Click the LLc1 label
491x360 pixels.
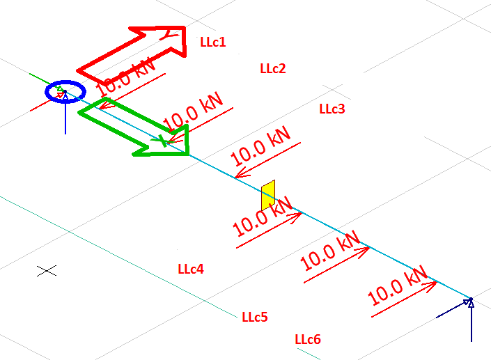212,42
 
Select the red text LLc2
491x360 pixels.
272,68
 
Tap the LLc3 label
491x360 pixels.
332,109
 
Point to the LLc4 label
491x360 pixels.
191,269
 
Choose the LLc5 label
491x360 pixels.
254,317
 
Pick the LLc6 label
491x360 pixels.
308,339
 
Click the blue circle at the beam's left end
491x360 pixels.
65,91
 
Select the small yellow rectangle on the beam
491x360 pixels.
268,195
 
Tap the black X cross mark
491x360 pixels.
47,270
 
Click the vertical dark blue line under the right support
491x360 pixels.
471,324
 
